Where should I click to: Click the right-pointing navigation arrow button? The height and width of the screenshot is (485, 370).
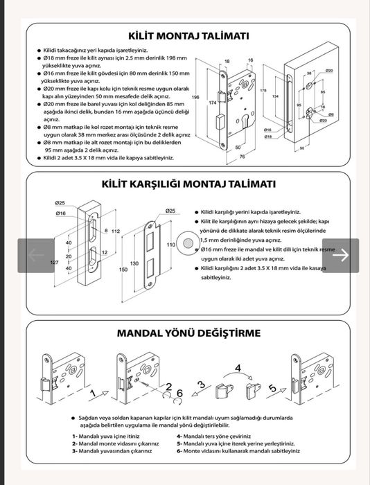pyautogui.click(x=340, y=256)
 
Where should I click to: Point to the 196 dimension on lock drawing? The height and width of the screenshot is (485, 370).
pyautogui.click(x=195, y=98)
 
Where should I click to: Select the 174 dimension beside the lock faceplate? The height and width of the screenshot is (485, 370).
pyautogui.click(x=213, y=103)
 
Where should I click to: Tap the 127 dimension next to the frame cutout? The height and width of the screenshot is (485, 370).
pyautogui.click(x=54, y=263)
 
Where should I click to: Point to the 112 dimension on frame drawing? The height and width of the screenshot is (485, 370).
pyautogui.click(x=116, y=231)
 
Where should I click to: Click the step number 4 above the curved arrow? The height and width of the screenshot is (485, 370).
pyautogui.click(x=238, y=369)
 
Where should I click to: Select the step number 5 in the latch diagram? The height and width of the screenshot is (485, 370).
pyautogui.click(x=273, y=388)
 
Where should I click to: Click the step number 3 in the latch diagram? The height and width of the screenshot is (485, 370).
pyautogui.click(x=201, y=385)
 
